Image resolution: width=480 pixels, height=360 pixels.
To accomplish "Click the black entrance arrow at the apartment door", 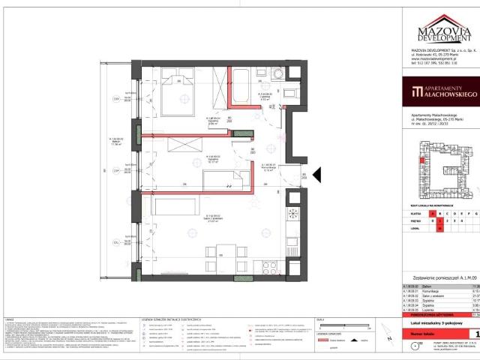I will pyautogui.click(x=315, y=175).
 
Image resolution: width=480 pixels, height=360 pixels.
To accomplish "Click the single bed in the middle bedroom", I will pyautogui.click(x=225, y=180).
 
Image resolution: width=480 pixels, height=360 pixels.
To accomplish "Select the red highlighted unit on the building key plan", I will pyautogui.click(x=421, y=160).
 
